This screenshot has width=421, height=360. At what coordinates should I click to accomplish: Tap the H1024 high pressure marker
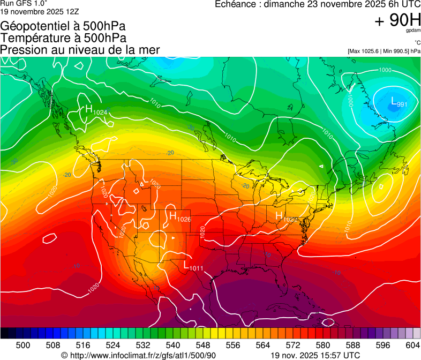click(x=95, y=110)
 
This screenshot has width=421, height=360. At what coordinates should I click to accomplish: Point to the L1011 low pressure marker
click(x=193, y=266)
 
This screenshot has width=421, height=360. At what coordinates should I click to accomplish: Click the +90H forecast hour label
click(x=397, y=20)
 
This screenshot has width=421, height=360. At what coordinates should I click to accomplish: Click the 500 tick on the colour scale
click(x=23, y=344)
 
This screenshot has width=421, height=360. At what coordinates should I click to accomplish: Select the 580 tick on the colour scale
click(x=322, y=344)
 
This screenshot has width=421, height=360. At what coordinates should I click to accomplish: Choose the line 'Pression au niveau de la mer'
click(x=80, y=50)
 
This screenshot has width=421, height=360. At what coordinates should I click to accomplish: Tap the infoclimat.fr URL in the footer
click(x=139, y=355)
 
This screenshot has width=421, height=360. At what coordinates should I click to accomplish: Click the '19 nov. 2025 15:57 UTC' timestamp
click(x=315, y=355)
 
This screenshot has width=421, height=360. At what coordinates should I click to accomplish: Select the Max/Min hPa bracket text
click(x=384, y=51)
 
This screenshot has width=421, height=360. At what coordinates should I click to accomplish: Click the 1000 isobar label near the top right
click(x=385, y=70)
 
